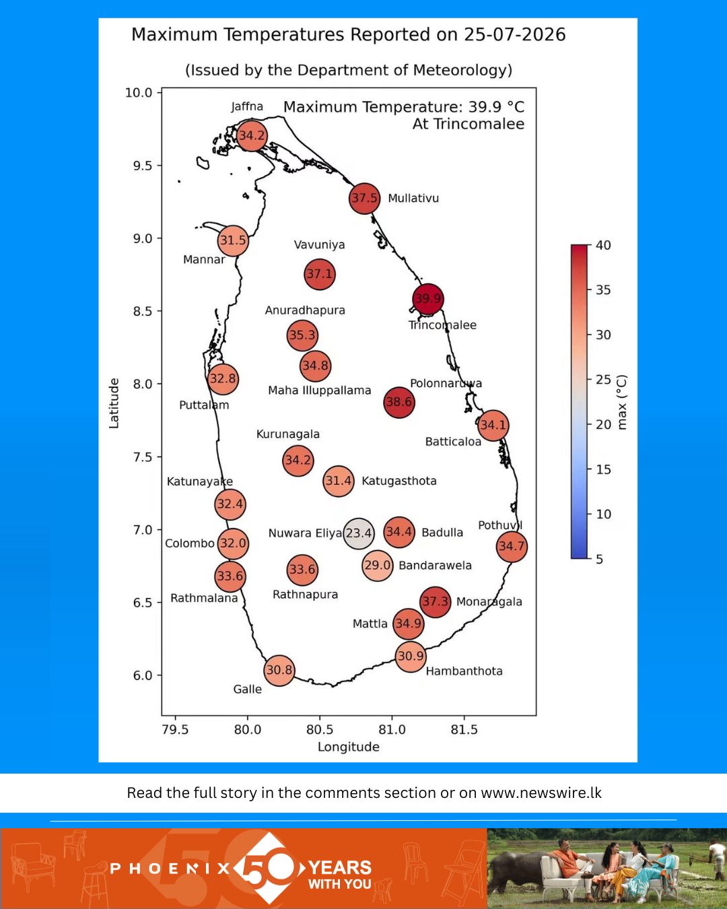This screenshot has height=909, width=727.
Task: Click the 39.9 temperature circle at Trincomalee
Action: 428,299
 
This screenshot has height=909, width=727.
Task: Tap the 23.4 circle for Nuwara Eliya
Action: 359,533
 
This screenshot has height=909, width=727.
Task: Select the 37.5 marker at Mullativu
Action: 365,198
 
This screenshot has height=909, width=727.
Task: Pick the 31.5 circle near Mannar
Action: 233,241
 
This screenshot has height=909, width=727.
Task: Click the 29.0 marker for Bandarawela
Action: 377,566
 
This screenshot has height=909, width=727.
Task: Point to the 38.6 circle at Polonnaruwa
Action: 399,402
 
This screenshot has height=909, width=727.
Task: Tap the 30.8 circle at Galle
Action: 279,671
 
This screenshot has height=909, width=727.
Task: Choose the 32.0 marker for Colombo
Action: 233,543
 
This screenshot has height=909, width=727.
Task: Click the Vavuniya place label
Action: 319,245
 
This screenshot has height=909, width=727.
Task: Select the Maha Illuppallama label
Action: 319,391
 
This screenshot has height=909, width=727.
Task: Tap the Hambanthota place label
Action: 464,671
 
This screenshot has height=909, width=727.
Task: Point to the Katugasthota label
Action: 399,481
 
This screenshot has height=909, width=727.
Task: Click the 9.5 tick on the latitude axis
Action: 142,166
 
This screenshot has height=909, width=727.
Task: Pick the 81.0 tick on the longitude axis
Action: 392,729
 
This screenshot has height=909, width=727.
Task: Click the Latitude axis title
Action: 114,403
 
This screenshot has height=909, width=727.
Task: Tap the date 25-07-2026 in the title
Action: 514,34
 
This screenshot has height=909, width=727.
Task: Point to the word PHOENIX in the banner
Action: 170,869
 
